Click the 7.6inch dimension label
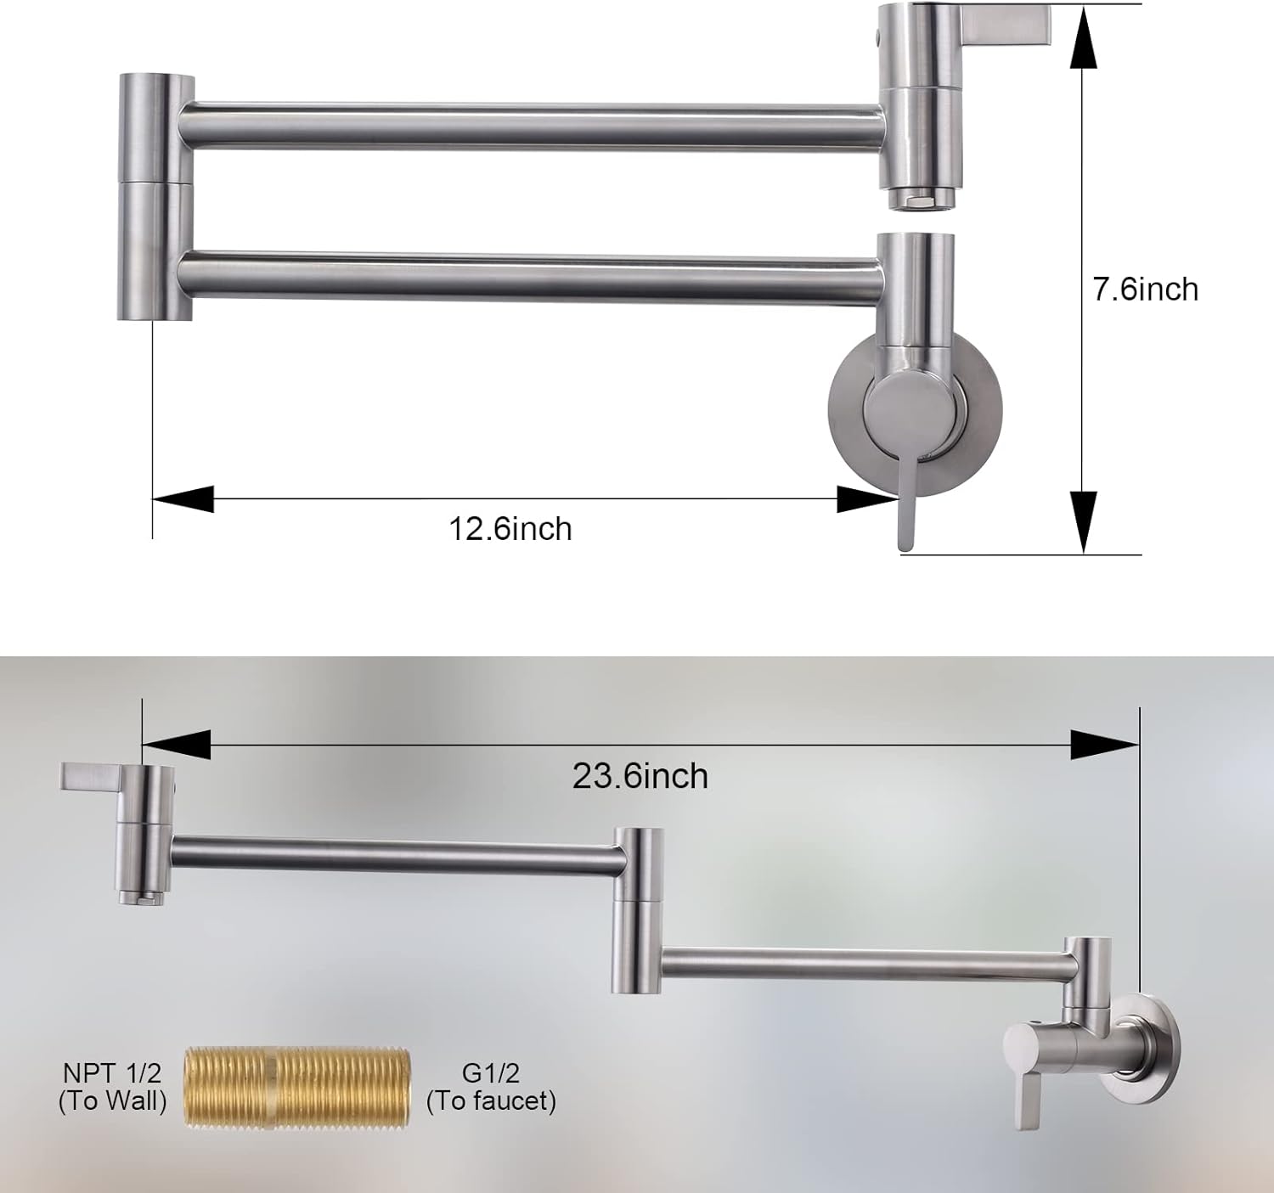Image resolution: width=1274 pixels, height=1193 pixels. click(1145, 290)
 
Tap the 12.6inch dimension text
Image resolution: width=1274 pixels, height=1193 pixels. click(510, 529)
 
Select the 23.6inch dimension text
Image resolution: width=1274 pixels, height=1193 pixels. click(640, 776)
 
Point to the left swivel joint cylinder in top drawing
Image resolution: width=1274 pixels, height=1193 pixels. click(155, 198)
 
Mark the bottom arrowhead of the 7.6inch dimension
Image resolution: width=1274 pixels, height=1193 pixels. click(1080, 522)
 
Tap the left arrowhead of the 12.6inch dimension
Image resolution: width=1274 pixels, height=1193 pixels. click(183, 499)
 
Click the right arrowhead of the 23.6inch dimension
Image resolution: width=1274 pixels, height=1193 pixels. click(1104, 745)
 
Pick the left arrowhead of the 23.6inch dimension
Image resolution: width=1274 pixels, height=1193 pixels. click(177, 745)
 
